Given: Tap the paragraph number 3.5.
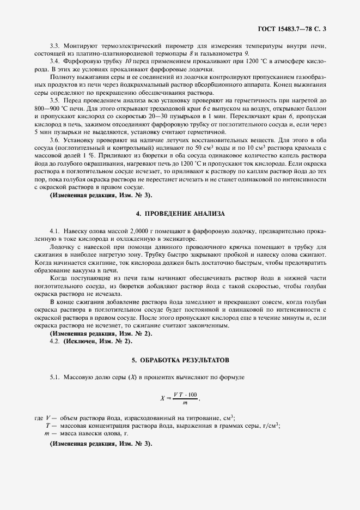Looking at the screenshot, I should pyautogui.click(x=54, y=101).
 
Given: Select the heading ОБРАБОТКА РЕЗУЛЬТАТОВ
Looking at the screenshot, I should pyautogui.click(x=185, y=361).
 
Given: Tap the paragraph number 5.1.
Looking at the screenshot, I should pyautogui.click(x=54, y=377).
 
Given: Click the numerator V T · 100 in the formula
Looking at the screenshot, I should pyautogui.click(x=186, y=394).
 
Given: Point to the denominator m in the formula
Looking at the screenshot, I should pyautogui.click(x=185, y=403).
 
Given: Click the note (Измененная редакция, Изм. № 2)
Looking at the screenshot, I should pyautogui.click(x=101, y=333).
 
